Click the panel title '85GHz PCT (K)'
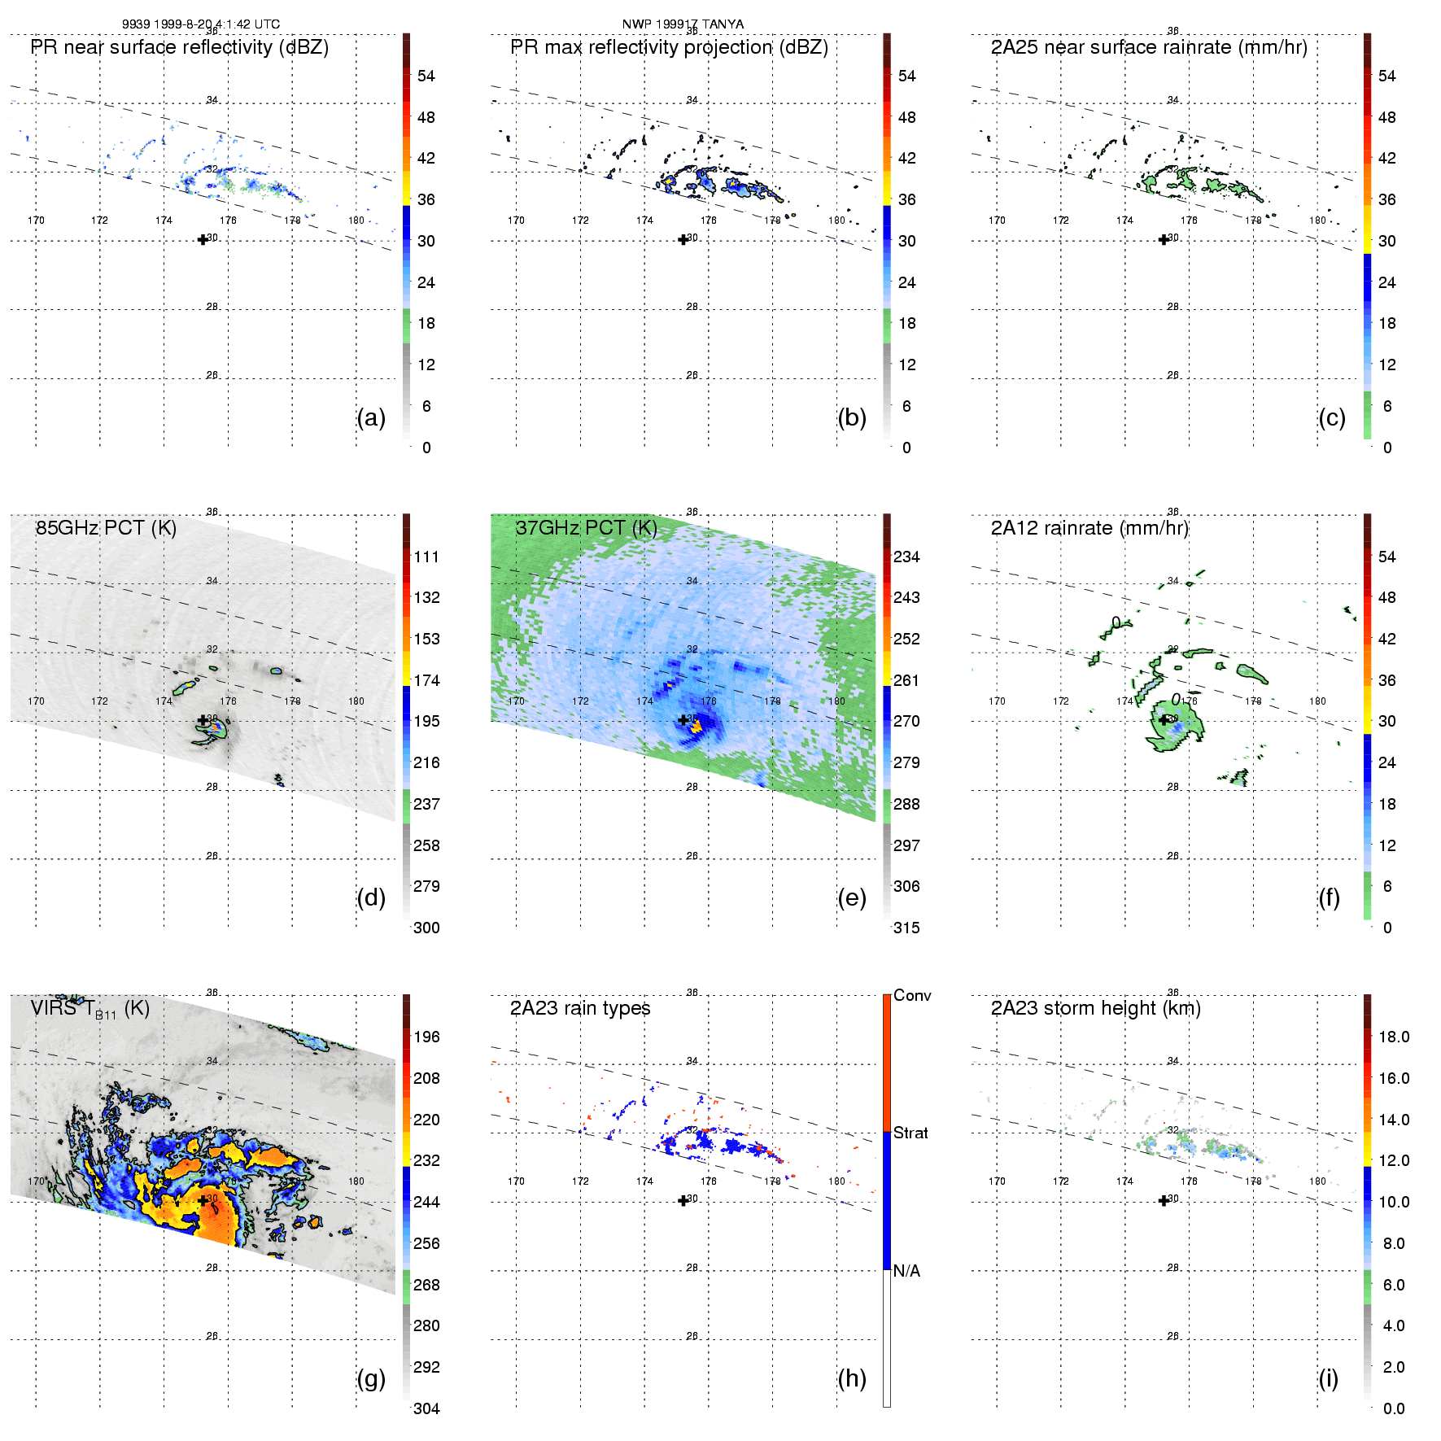(106, 528)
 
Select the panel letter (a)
(371, 418)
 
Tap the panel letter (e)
(851, 898)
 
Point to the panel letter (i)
(1328, 1378)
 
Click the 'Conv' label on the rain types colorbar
(912, 996)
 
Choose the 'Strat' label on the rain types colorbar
(910, 1133)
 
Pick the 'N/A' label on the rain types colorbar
(906, 1271)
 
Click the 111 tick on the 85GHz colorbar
(426, 557)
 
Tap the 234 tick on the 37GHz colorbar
(906, 557)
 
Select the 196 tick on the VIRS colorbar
(426, 1037)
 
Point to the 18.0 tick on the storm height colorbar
(1393, 1037)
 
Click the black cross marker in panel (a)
(203, 240)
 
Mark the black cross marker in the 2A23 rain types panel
(683, 1201)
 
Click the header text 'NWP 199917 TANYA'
(683, 24)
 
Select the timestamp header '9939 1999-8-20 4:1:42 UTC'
(201, 24)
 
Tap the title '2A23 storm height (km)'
(1095, 1008)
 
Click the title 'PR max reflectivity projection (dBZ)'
(669, 47)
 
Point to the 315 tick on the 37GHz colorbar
(906, 928)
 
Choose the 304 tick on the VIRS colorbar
(426, 1408)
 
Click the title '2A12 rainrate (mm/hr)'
(1089, 528)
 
